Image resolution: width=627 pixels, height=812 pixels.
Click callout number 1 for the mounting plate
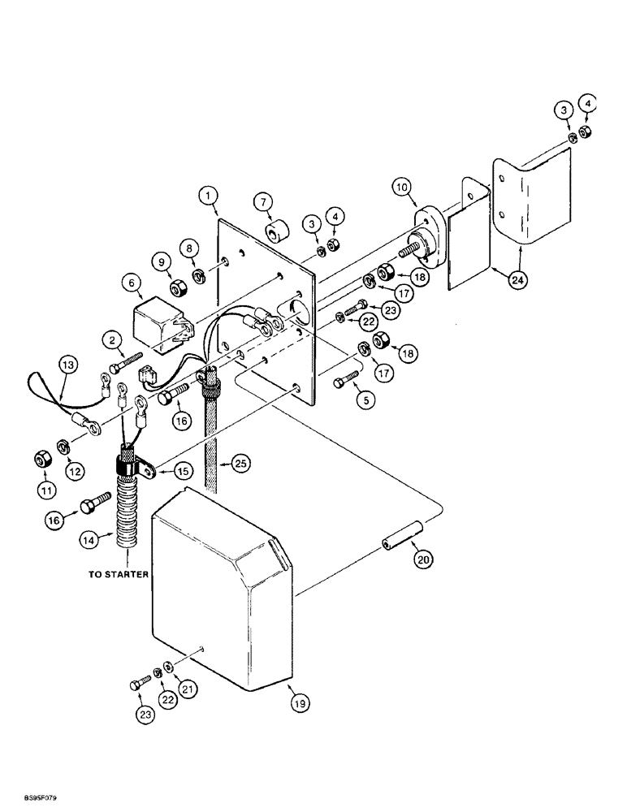click(207, 196)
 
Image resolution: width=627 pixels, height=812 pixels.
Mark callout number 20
click(421, 559)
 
